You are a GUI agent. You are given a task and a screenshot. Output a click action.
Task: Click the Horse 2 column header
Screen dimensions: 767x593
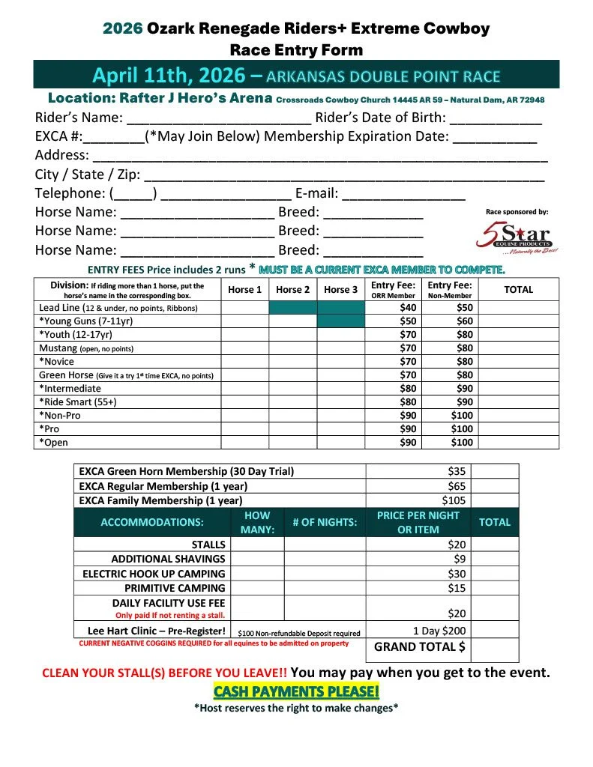(x=293, y=290)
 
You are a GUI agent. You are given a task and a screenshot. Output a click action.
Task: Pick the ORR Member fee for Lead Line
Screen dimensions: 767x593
(x=408, y=308)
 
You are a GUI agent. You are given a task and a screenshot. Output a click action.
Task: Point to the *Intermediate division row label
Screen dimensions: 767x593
(x=70, y=389)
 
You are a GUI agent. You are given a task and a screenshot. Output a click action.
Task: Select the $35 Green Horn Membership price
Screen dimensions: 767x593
(x=456, y=471)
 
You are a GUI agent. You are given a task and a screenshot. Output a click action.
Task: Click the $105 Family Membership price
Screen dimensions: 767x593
(x=454, y=500)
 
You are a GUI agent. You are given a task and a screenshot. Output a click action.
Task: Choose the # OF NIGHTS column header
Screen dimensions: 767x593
(x=325, y=522)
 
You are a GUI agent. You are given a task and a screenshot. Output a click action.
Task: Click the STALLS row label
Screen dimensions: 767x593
(x=208, y=545)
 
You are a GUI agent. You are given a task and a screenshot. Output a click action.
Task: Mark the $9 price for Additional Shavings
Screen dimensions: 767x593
(x=460, y=559)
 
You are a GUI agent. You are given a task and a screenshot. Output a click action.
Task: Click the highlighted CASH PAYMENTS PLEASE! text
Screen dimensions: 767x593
(x=296, y=691)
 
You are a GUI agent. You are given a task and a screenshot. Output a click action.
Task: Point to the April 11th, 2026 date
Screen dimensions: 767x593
(x=169, y=76)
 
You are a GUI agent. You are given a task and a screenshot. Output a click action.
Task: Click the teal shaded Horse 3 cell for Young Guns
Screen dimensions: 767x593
(x=341, y=321)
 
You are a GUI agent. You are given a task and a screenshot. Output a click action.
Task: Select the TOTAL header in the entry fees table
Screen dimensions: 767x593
(x=518, y=290)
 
